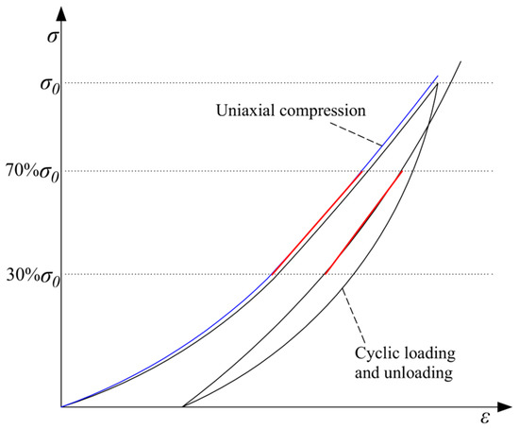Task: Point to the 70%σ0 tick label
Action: click(29, 172)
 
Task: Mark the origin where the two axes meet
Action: click(61, 406)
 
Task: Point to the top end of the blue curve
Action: click(438, 77)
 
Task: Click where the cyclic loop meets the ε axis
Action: click(182, 406)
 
